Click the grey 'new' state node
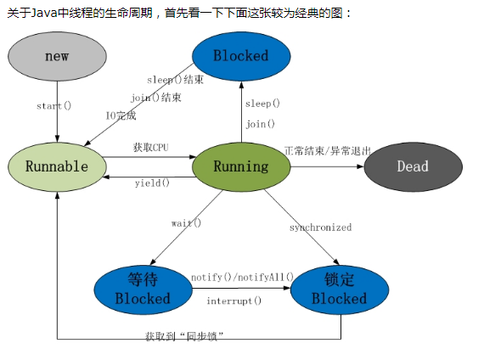click(x=57, y=56)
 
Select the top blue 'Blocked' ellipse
click(x=240, y=56)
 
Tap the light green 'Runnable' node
click(x=57, y=166)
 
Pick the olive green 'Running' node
click(x=241, y=166)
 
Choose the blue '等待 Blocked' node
click(x=142, y=289)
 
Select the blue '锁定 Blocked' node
click(x=340, y=289)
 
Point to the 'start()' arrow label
click(x=53, y=106)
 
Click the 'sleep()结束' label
click(x=175, y=79)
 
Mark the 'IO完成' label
click(x=121, y=115)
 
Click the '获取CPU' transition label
click(x=150, y=148)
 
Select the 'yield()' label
click(x=152, y=183)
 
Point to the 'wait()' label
click(x=186, y=222)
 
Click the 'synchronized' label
click(x=320, y=228)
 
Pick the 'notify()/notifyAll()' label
click(x=242, y=277)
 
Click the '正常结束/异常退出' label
click(x=328, y=150)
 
